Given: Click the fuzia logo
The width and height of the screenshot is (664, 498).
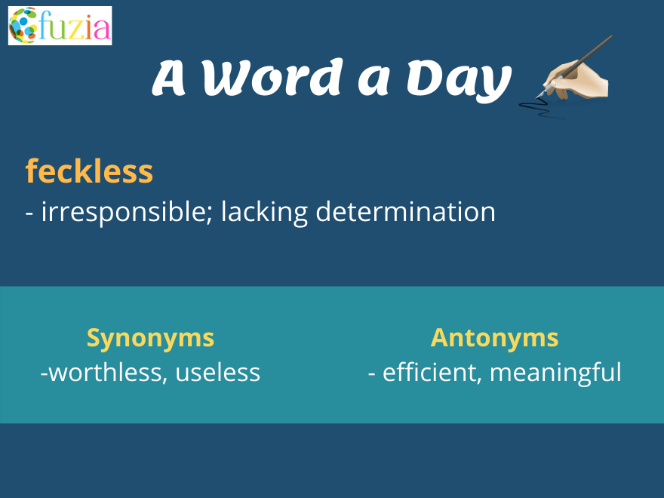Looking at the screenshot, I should tap(60, 25).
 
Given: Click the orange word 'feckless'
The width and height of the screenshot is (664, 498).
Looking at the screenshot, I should tap(89, 172).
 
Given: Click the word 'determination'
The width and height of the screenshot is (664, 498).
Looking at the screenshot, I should tap(405, 212).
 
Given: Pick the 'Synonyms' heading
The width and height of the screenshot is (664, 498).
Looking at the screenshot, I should tap(150, 337).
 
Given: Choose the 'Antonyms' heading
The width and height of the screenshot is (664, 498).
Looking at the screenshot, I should tap(494, 337).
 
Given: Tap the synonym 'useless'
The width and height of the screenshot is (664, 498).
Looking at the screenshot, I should tap(218, 372).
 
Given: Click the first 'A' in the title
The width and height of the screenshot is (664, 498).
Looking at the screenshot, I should tap(170, 78).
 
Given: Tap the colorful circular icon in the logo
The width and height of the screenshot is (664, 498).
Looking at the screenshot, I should tap(23, 25).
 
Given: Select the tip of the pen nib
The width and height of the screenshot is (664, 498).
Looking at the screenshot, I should tap(538, 97).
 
